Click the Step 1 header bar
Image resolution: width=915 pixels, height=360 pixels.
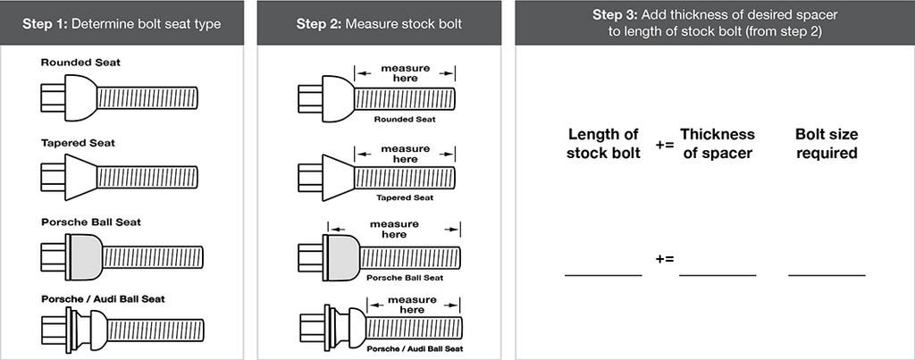pyautogui.click(x=121, y=22)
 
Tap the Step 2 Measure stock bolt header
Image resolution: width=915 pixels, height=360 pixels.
pyautogui.click(x=379, y=22)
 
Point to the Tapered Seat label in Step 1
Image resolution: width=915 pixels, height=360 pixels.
pyautogui.click(x=78, y=142)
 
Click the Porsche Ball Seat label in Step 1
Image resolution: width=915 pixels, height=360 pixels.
pyautogui.click(x=90, y=221)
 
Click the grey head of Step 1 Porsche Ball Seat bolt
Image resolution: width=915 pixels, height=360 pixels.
pyautogui.click(x=85, y=254)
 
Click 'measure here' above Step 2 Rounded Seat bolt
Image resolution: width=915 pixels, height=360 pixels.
pyautogui.click(x=405, y=72)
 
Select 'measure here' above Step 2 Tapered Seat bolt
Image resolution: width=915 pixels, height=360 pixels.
pyautogui.click(x=405, y=154)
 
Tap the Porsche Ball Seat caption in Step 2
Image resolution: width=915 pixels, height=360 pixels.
pyautogui.click(x=405, y=278)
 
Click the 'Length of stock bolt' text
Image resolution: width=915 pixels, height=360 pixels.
pyautogui.click(x=603, y=143)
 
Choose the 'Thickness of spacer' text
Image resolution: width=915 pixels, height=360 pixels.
pyautogui.click(x=717, y=143)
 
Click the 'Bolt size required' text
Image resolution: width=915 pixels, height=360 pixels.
pyautogui.click(x=826, y=143)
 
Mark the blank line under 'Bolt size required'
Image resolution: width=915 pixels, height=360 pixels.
pyautogui.click(x=827, y=275)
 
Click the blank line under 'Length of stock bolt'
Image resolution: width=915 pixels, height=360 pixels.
pyautogui.click(x=603, y=275)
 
